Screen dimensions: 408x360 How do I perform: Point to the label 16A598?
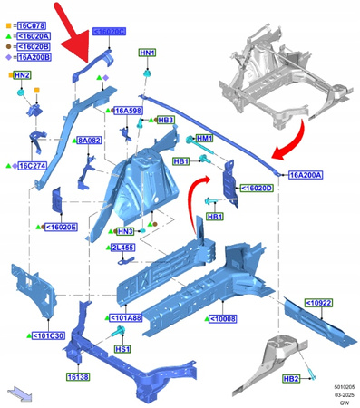(128, 110)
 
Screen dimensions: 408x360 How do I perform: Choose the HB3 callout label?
(165, 120)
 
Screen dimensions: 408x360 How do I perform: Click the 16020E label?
(63, 227)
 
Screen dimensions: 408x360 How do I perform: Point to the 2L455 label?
(122, 248)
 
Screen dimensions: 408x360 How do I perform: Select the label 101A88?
(126, 318)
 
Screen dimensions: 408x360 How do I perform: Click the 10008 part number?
(224, 318)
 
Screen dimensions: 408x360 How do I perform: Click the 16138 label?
(78, 376)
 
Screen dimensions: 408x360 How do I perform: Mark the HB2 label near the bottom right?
(291, 378)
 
